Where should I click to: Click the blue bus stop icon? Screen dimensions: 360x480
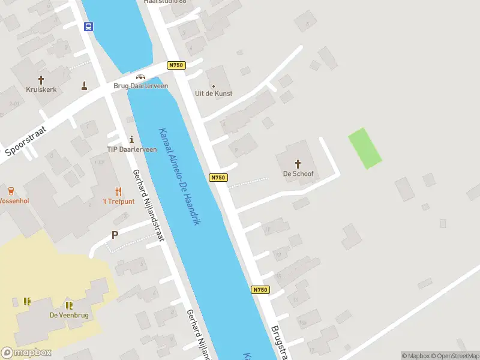tap(88, 26)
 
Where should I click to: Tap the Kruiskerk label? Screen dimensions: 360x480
tap(41, 89)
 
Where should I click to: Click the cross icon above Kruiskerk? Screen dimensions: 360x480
tap(41, 79)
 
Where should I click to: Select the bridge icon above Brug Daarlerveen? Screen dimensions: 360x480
tap(141, 76)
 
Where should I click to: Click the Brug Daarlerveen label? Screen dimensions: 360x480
tap(141, 86)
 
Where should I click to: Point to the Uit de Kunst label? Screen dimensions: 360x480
tap(214, 94)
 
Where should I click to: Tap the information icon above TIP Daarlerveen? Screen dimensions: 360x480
tap(131, 139)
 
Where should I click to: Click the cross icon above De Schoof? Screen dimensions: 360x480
tap(298, 163)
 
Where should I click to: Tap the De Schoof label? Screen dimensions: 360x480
tap(298, 174)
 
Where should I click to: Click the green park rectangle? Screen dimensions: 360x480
tap(365, 148)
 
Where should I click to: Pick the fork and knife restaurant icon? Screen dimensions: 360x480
tap(118, 191)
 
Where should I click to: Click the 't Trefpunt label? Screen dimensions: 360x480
tap(118, 202)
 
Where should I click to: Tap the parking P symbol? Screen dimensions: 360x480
tap(115, 235)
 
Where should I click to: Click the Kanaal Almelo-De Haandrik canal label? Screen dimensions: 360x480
tap(179, 176)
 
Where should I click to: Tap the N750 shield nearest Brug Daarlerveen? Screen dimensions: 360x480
tap(176, 65)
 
